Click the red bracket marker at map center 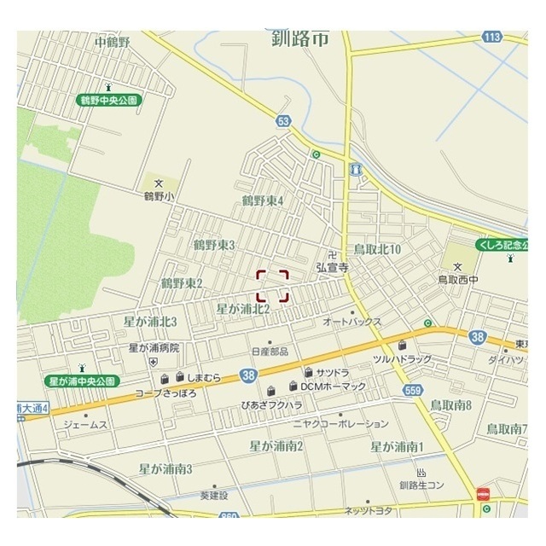273,285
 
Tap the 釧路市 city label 301,38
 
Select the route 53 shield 284,120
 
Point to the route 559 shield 414,390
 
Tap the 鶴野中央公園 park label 109,100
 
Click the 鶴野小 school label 158,196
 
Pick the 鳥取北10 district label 377,249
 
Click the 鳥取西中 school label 460,279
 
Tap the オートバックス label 352,322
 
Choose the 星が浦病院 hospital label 154,348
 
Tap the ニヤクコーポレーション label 340,423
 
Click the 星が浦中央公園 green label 81,380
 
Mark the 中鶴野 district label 112,41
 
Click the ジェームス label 85,424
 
